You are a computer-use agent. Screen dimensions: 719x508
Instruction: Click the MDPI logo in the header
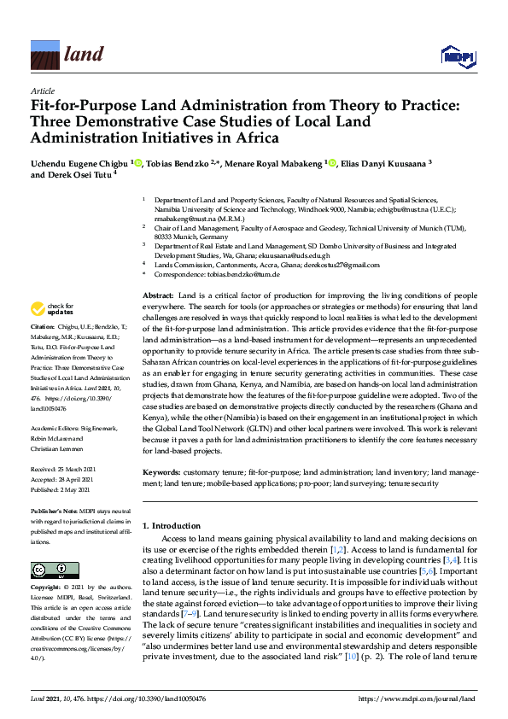click(x=456, y=56)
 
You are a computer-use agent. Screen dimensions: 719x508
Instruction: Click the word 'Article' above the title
click(x=42, y=91)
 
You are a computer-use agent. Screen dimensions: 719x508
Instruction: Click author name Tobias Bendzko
click(x=184, y=162)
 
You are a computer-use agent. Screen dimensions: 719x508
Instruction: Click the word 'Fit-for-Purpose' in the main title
click(x=86, y=107)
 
